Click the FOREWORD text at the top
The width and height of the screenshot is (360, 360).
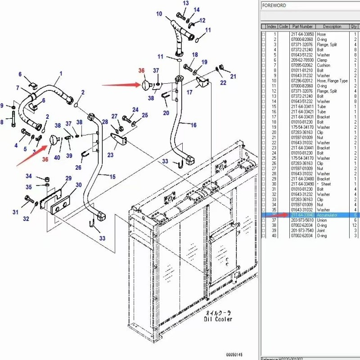274,5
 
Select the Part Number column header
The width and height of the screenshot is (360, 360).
302,27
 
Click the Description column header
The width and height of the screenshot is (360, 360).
332,27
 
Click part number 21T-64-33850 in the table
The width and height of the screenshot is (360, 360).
302,34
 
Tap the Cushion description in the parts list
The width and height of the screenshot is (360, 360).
324,65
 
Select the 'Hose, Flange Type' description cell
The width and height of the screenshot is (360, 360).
332,81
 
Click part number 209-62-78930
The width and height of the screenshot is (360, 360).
302,60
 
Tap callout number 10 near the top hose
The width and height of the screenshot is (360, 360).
159,14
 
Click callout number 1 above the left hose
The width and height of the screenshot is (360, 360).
61,73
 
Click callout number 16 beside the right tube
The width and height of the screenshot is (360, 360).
193,125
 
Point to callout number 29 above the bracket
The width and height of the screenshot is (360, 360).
68,179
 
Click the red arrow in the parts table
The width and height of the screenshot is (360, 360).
279,216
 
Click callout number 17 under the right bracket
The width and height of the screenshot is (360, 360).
189,92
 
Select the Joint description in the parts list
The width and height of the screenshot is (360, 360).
322,230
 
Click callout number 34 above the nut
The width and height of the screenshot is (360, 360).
28,176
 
